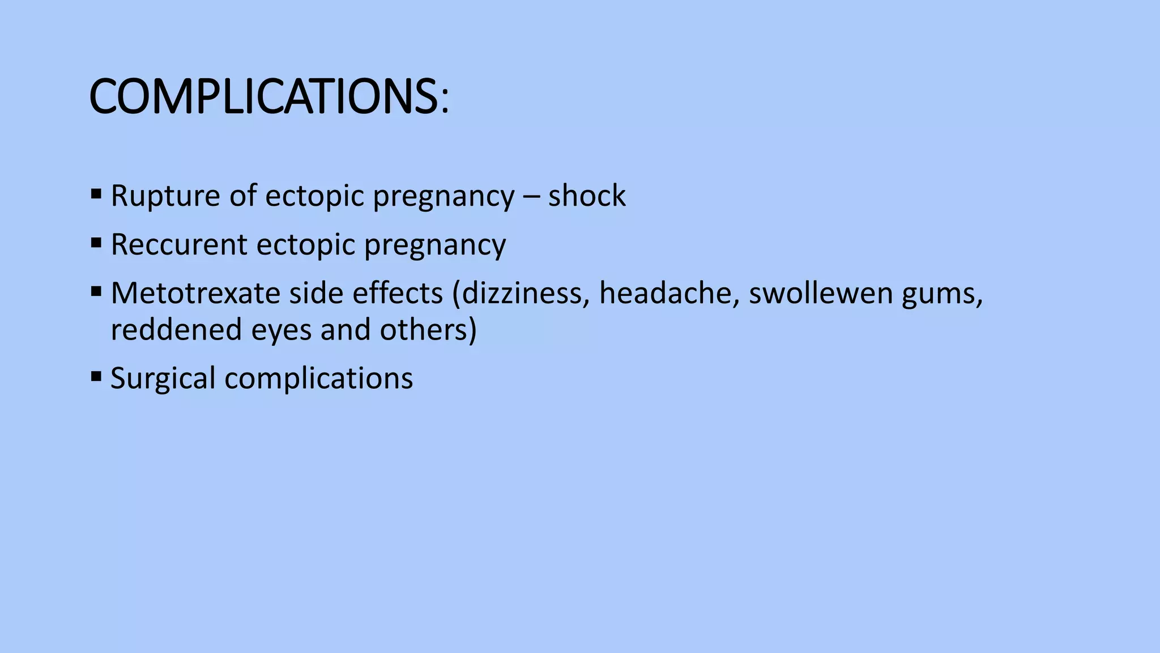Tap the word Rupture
(157, 196)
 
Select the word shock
(587, 196)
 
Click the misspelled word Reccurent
(179, 245)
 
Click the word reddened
(176, 330)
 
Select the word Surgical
(163, 379)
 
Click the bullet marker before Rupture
(96, 195)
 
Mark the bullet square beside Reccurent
(96, 244)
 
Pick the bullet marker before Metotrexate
(96, 292)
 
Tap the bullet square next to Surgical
(96, 376)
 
